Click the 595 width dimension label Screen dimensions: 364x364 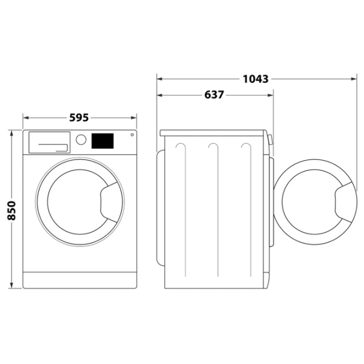pyautogui.click(x=80, y=118)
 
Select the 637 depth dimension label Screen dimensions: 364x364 pyautogui.click(x=214, y=95)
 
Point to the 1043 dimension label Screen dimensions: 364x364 pyautogui.click(x=255, y=79)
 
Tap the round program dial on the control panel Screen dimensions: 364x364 pyautogui.click(x=81, y=140)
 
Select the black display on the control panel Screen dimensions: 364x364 pyautogui.click(x=103, y=141)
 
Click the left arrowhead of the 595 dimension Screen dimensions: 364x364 pyautogui.click(x=25, y=118)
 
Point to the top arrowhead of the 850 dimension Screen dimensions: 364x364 pyautogui.click(x=11, y=132)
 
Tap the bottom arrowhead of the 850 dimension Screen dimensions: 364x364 pyautogui.click(x=11, y=286)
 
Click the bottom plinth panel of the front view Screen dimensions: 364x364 pyautogui.click(x=80, y=280)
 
